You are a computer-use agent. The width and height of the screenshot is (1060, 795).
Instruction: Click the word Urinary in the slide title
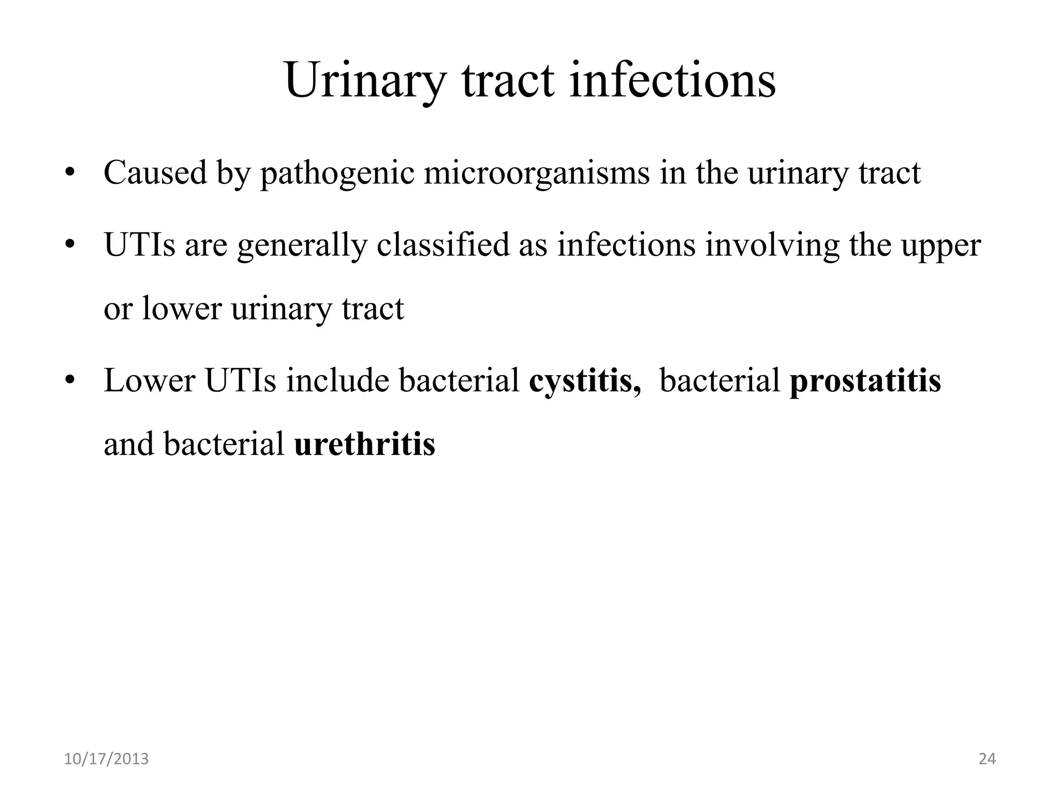[x=365, y=81]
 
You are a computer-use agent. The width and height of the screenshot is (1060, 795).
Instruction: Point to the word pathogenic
[x=337, y=174]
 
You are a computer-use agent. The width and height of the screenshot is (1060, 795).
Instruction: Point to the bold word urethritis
[x=364, y=444]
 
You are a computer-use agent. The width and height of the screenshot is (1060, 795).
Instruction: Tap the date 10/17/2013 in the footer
[x=106, y=759]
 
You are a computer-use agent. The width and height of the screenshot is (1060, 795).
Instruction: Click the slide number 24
[x=987, y=759]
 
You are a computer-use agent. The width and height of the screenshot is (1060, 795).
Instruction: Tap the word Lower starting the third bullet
[x=149, y=380]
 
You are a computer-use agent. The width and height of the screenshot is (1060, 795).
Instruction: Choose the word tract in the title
[x=507, y=81]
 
